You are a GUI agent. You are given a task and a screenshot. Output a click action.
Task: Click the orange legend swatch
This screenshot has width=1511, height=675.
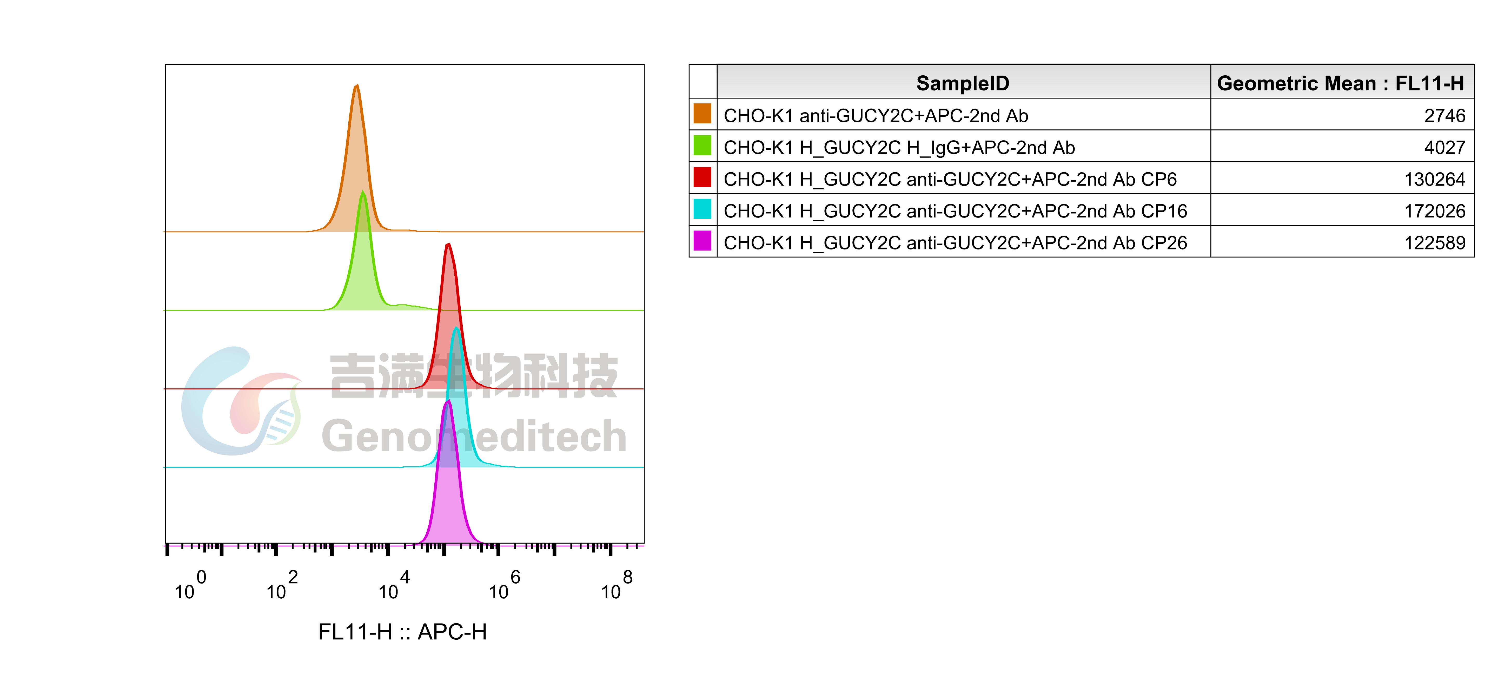click(x=702, y=113)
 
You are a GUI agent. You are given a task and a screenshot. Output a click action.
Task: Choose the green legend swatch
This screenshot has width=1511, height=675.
click(x=702, y=145)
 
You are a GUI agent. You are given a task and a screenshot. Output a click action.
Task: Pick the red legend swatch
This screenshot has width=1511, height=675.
click(x=702, y=176)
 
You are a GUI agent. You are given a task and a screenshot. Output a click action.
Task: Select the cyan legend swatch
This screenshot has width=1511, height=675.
click(x=702, y=208)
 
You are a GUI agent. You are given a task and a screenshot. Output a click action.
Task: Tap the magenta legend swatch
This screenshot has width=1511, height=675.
click(x=702, y=240)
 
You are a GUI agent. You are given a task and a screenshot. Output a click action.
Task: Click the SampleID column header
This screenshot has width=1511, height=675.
click(x=963, y=83)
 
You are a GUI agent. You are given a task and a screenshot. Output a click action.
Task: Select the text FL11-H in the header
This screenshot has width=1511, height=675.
click(x=1429, y=83)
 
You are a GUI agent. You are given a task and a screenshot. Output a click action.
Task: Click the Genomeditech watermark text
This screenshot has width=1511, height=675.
click(x=474, y=436)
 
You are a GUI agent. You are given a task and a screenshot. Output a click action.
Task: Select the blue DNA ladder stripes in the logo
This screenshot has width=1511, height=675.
click(x=280, y=425)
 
